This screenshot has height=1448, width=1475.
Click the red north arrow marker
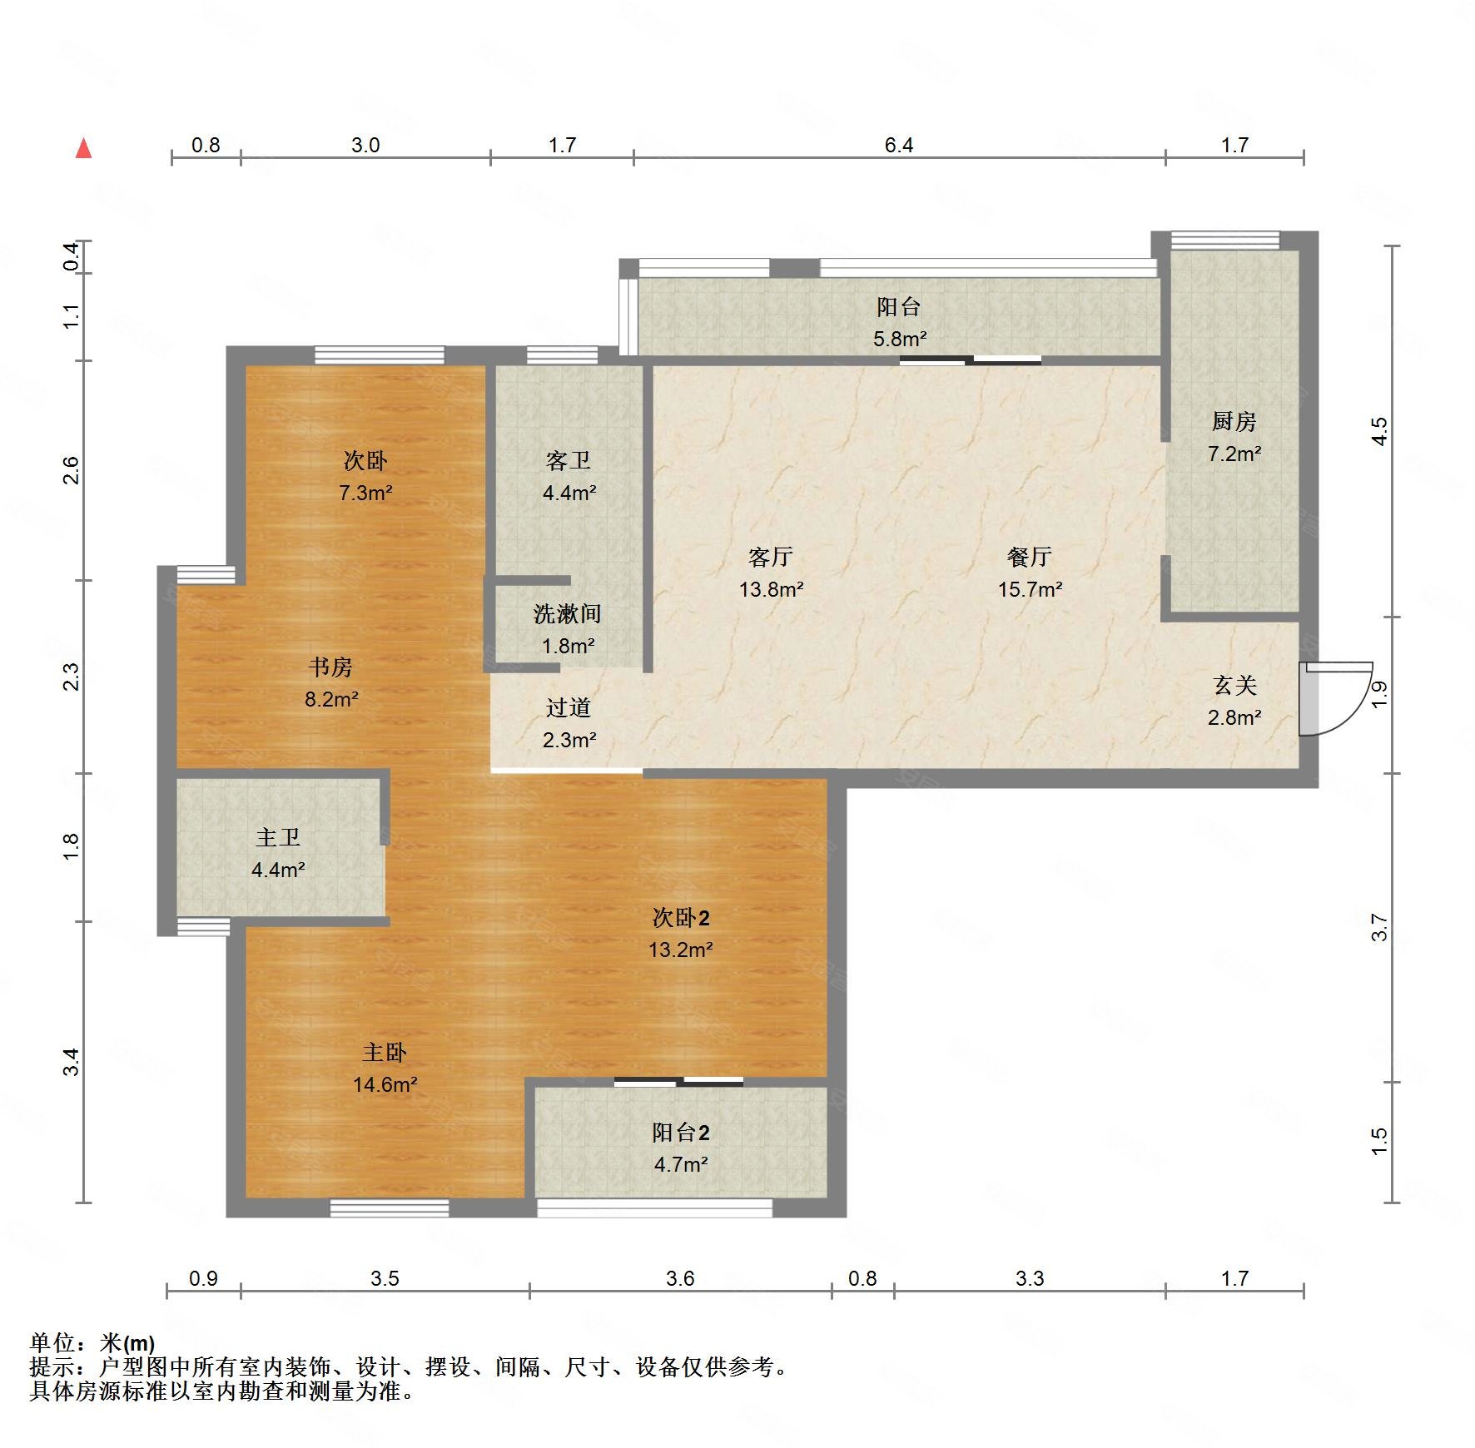tap(83, 148)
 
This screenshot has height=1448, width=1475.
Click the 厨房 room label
tap(1234, 421)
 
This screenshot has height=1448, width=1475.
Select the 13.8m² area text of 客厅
tap(771, 589)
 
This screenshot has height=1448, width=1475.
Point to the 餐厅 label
tap(1030, 556)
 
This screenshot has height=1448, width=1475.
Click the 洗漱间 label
tap(567, 613)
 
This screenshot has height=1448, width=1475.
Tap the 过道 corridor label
tap(569, 707)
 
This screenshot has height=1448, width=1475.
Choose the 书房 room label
tap(330, 667)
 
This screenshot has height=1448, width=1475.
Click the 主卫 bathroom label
tap(277, 837)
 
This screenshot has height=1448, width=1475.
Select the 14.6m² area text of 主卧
tap(385, 1084)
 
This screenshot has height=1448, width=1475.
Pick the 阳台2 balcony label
tap(681, 1132)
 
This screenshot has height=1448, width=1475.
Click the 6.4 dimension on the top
tap(899, 146)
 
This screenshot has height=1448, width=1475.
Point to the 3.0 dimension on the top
tap(365, 146)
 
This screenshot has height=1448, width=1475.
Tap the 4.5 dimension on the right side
tap(1379, 431)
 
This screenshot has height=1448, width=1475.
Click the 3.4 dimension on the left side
tap(72, 1062)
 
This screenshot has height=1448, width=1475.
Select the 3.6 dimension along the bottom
tap(680, 1278)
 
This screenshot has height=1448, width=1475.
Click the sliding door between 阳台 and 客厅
tap(971, 360)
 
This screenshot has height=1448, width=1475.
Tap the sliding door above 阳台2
tap(678, 1082)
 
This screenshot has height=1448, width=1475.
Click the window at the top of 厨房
tap(1224, 241)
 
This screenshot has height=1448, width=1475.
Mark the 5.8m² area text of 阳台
tap(900, 339)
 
